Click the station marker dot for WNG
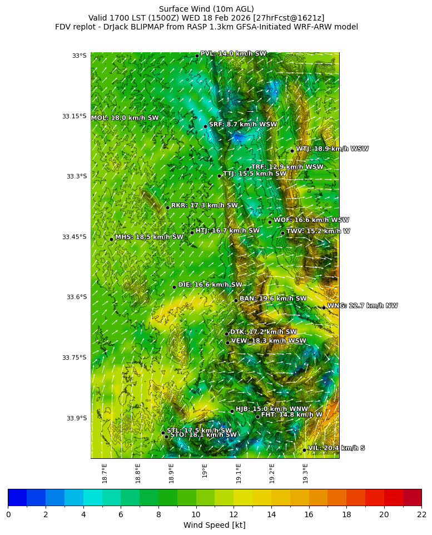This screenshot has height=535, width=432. coord(324,308)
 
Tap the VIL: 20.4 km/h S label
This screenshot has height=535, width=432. coord(336,448)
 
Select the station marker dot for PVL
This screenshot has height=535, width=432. coord(197,56)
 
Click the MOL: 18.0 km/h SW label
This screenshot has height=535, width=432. coord(125,118)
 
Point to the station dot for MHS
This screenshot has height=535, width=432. coord(111,239)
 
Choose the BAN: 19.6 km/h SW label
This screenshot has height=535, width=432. coord(273,299)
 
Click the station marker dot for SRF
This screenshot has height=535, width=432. coord(205,126)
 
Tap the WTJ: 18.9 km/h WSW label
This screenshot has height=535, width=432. coord(332,149)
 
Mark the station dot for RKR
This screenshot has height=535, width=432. coord(167,207)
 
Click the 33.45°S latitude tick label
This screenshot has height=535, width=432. coord(74,237)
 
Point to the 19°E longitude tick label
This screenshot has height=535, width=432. coord(205,470)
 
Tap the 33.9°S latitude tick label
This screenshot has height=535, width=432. coord(76,418)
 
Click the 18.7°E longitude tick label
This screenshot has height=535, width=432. coord(105,473)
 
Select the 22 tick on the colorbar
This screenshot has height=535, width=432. coord(421,514)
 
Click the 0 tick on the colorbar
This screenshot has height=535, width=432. coord(8,514)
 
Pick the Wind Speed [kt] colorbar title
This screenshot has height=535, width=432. coord(214,525)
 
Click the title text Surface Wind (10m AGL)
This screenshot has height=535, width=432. coord(206,9)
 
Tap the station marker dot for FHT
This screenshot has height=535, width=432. coord(257,417)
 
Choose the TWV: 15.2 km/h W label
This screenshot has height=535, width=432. coord(318,231)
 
